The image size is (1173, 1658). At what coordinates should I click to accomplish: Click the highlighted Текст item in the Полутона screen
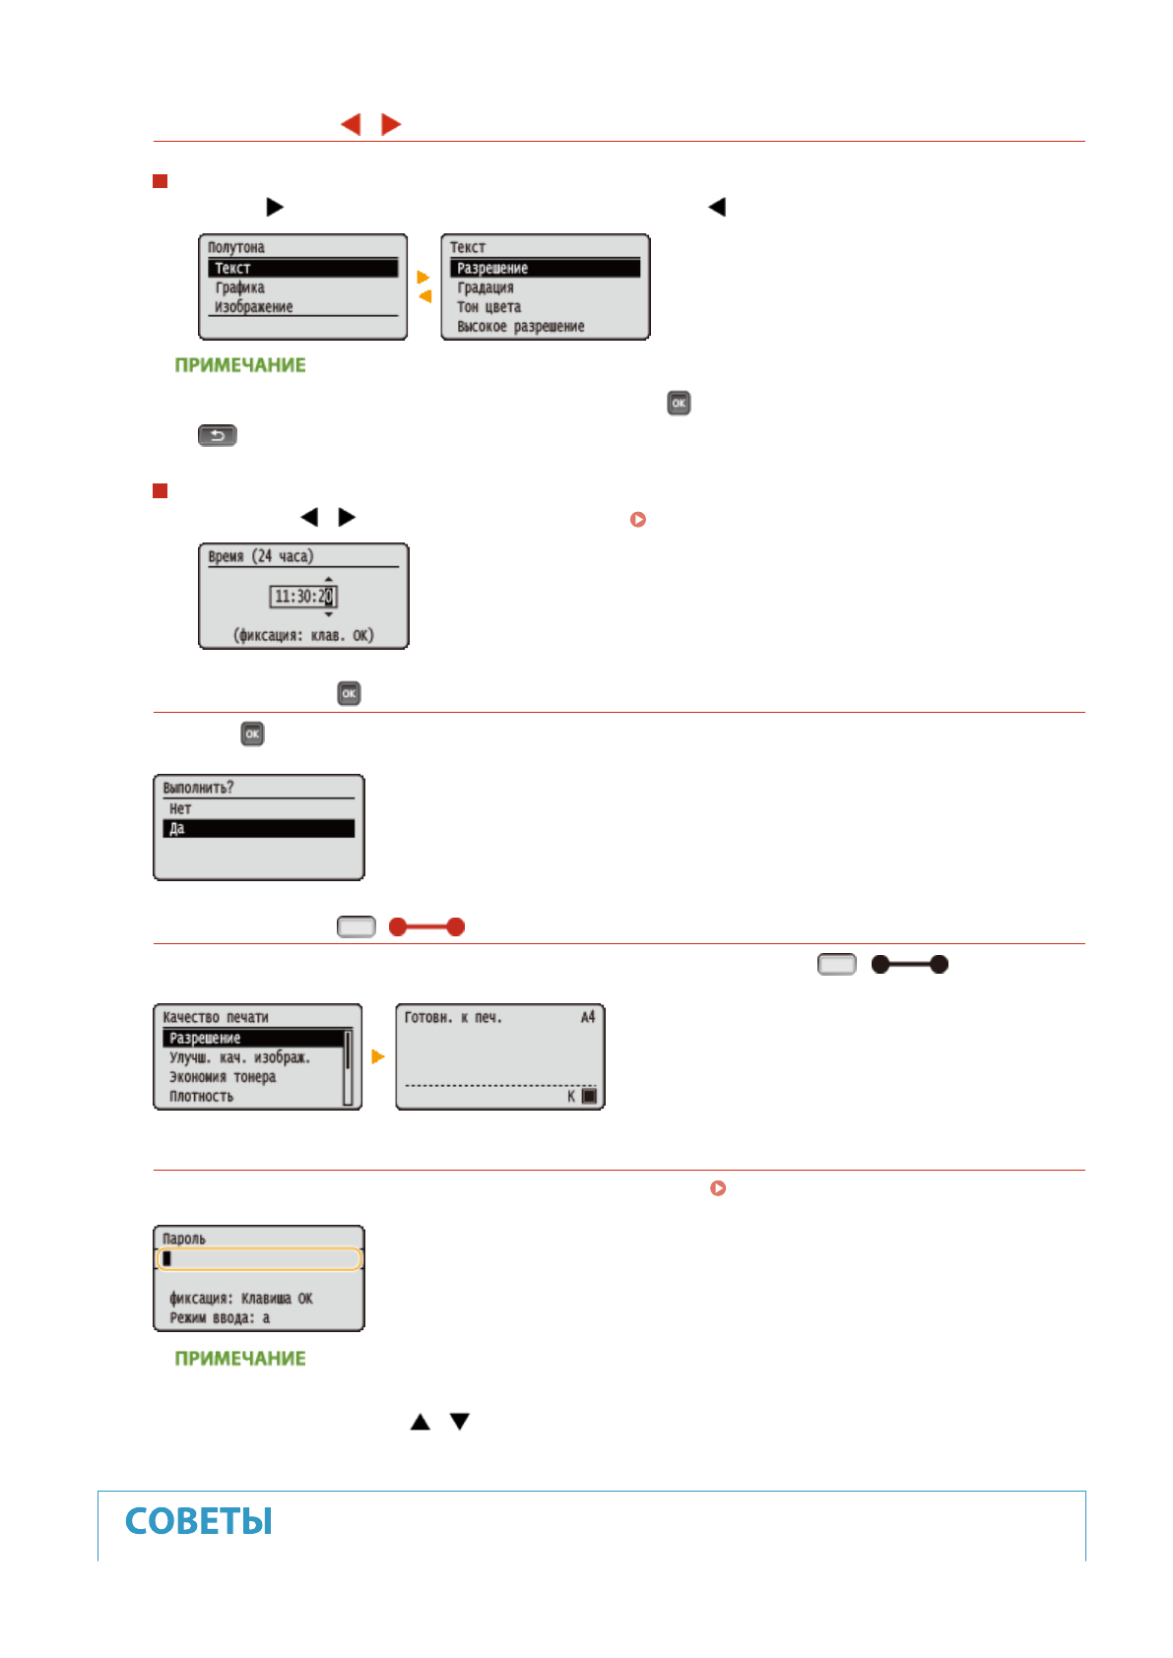pos(302,268)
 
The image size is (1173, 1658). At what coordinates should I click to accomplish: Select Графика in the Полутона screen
pos(240,287)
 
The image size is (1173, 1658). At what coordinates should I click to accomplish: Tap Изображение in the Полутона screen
pos(254,307)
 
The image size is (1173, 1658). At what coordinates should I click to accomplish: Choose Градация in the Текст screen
pos(486,287)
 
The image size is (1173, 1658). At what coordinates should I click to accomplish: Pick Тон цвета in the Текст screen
pos(489,307)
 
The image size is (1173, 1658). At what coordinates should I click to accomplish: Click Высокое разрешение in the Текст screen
pos(521,327)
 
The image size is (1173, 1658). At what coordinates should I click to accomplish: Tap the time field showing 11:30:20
pos(303,597)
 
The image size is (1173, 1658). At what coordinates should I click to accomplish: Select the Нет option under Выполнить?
pos(180,809)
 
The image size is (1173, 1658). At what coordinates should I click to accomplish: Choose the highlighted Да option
pos(258,829)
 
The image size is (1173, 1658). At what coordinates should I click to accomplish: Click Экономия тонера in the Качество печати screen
pos(223,1077)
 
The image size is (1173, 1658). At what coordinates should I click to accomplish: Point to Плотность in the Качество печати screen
pos(202,1097)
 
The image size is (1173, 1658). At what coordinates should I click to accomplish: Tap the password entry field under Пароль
pos(259,1259)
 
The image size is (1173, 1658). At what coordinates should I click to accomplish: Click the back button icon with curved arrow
pos(218,435)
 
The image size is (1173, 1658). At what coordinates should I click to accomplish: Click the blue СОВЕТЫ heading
pos(199,1522)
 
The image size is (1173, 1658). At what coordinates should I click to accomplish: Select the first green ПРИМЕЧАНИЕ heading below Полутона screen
pos(240,365)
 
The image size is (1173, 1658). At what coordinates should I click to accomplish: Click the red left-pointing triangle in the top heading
pos(351,124)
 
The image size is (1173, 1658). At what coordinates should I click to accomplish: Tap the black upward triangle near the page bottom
pos(421,1422)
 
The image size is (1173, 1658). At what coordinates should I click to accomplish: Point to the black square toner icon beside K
pos(589,1096)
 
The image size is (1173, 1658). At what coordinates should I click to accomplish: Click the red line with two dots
pos(426,926)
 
